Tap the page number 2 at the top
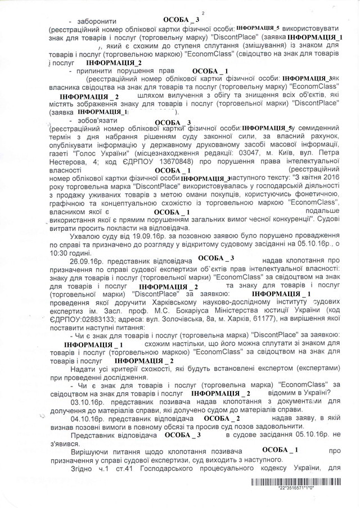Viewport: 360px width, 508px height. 203,12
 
